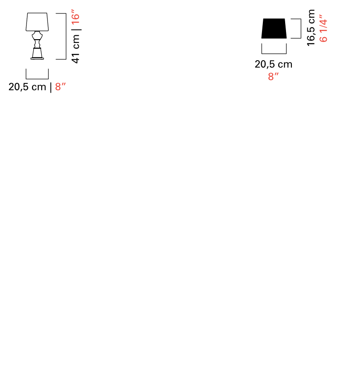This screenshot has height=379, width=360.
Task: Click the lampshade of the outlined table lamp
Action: click(37, 22)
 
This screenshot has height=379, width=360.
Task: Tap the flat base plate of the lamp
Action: click(37, 58)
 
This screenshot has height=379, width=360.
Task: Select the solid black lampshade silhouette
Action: click(274, 28)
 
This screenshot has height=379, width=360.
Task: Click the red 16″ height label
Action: click(76, 17)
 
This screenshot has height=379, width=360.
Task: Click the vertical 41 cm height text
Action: click(76, 49)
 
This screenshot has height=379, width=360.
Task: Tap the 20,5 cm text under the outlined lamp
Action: click(27, 87)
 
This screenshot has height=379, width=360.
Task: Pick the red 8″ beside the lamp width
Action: click(61, 86)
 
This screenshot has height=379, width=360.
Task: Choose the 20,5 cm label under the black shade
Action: click(273, 64)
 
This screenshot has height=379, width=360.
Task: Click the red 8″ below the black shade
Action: click(273, 76)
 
